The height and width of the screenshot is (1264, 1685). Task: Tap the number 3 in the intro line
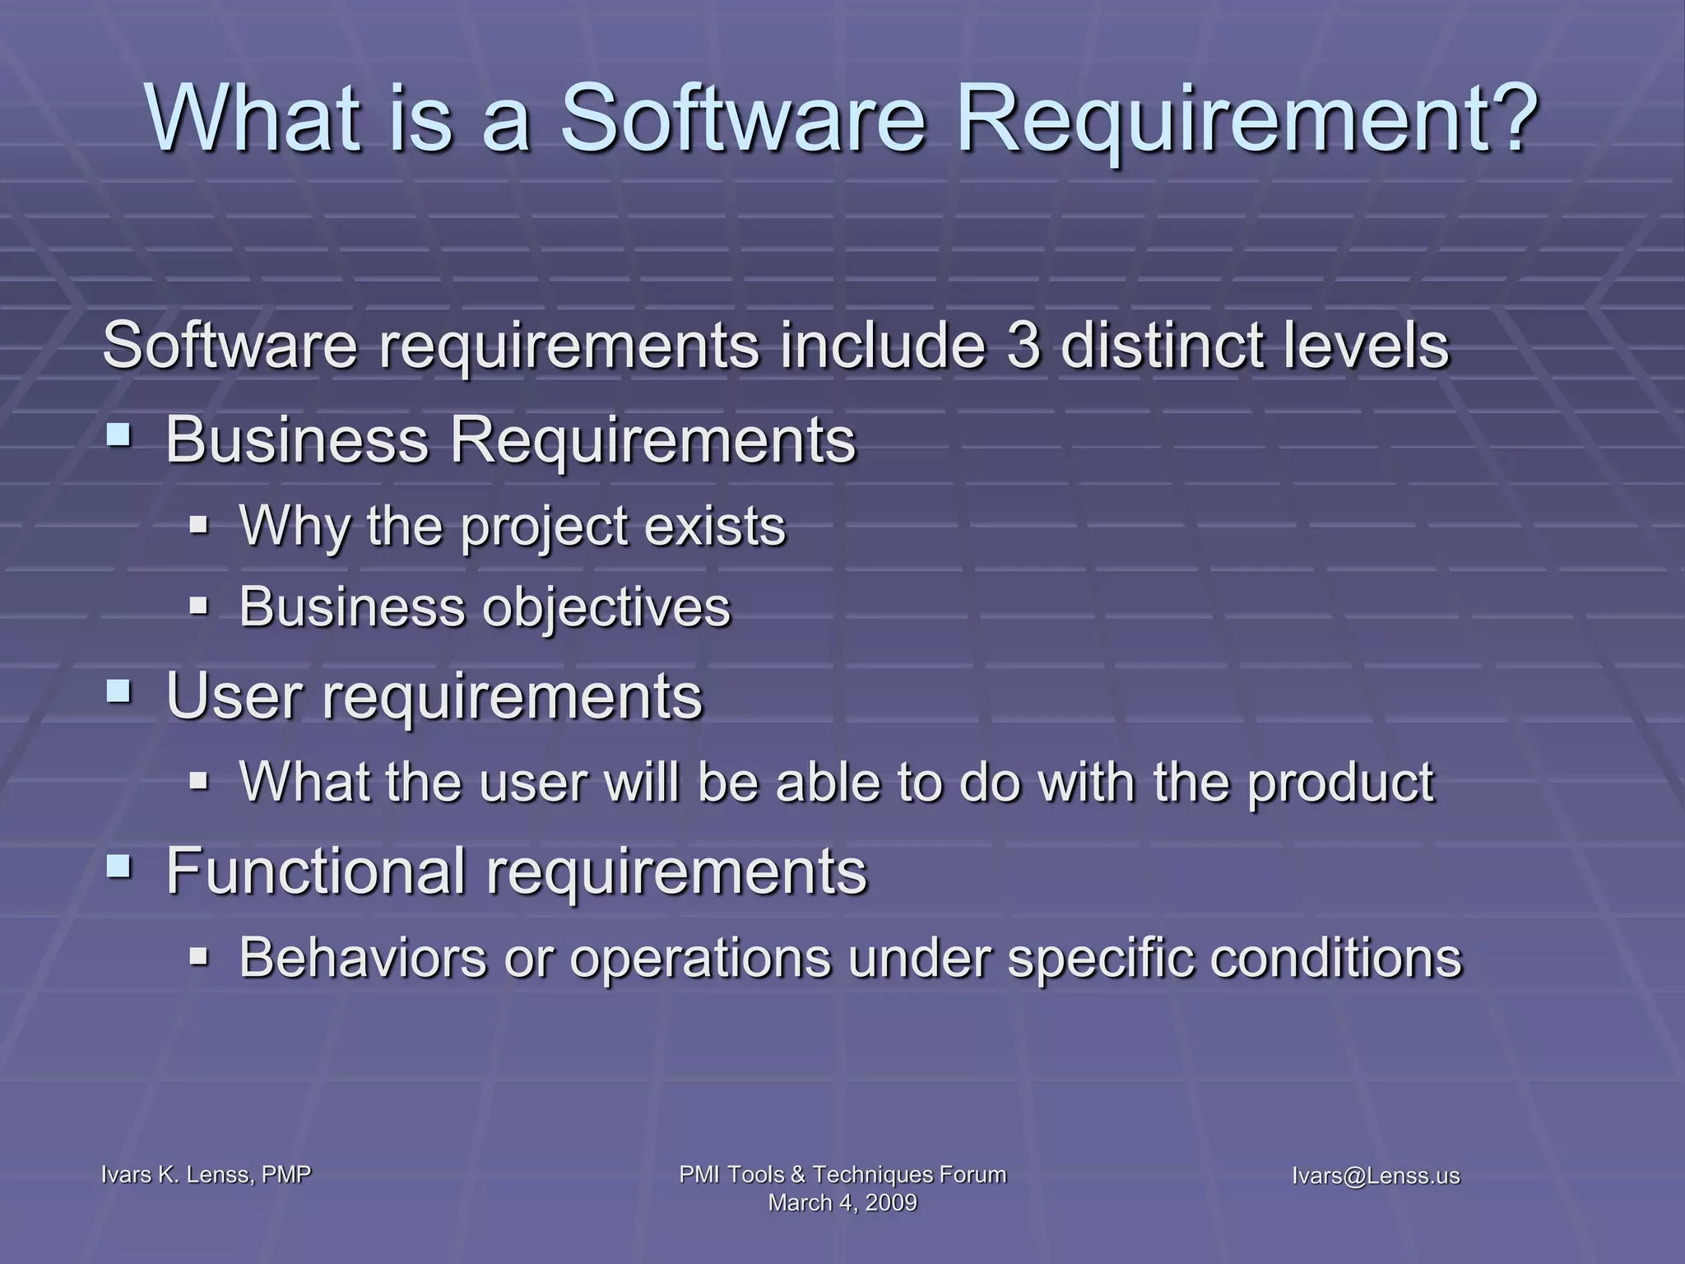pos(1024,346)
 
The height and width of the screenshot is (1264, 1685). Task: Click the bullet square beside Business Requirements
pos(118,434)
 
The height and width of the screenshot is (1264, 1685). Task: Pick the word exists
pos(715,527)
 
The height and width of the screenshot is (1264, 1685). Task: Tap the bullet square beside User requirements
pos(118,690)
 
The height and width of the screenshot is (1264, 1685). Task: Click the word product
pos(1340,783)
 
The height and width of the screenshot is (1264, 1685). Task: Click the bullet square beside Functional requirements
pos(118,865)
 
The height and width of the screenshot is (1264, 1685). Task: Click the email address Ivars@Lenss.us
pos(1376,1176)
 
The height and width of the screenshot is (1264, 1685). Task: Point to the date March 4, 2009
pos(842,1203)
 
